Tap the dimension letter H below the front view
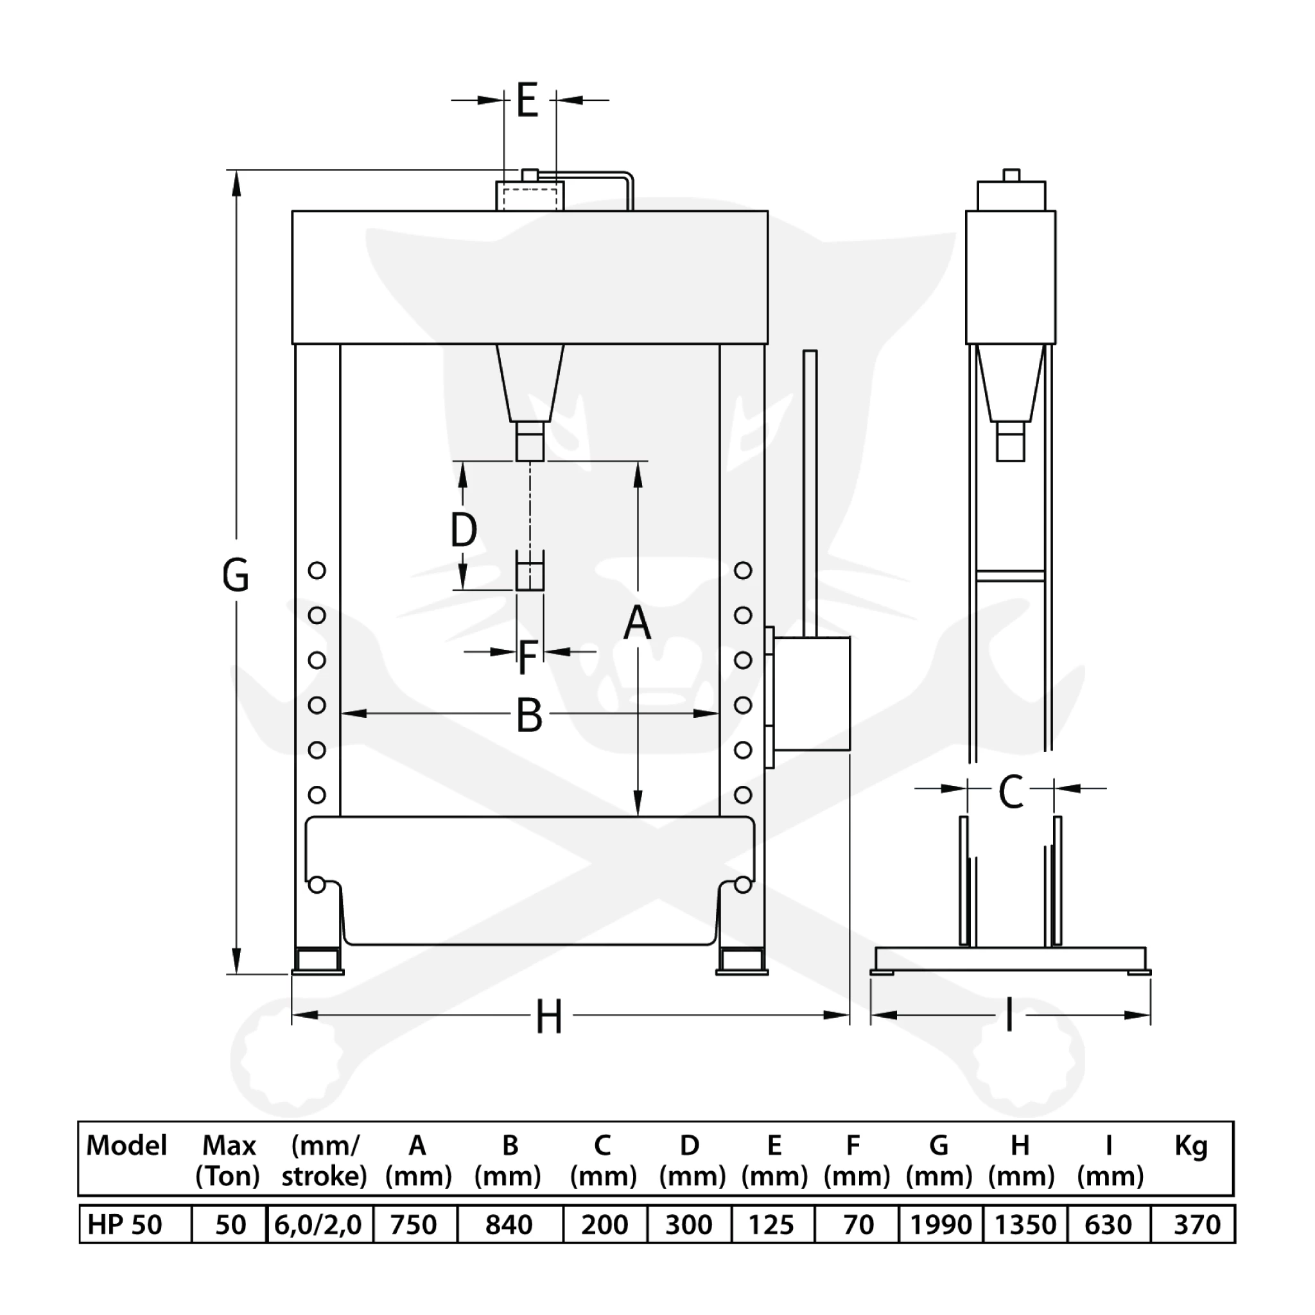[548, 1018]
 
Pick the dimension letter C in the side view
[1011, 791]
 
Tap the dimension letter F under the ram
[528, 657]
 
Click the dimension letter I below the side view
[1009, 1016]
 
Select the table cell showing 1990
[940, 1225]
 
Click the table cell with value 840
[509, 1225]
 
